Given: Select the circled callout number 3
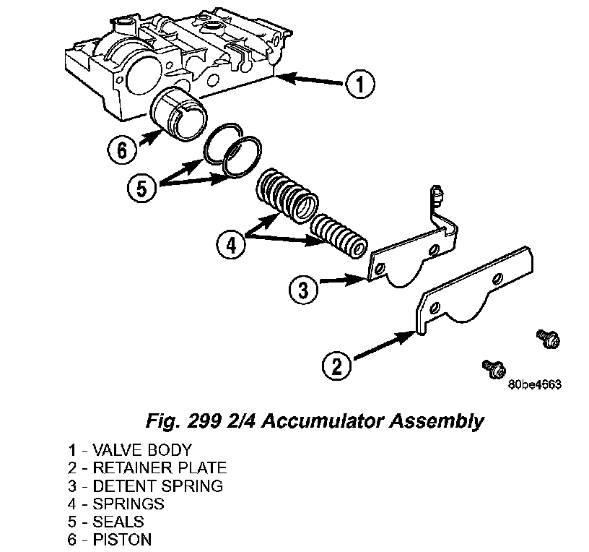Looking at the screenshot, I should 303,290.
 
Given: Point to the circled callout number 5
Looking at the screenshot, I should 141,188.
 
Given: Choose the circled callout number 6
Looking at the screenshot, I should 122,151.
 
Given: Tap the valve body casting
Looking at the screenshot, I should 173,58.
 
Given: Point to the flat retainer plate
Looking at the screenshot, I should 476,289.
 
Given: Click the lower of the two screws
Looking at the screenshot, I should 494,368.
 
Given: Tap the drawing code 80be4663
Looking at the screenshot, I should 535,385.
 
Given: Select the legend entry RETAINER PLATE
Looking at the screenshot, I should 158,467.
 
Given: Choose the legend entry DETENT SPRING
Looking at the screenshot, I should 156,486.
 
